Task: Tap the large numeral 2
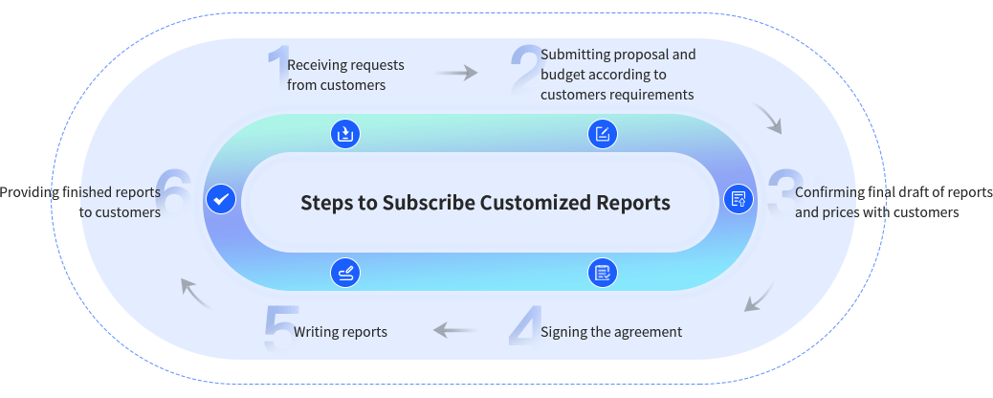[524, 71]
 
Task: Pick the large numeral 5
[278, 328]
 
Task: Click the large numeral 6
[175, 195]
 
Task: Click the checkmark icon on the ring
[221, 199]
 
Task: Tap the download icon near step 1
[345, 134]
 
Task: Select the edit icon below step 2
[602, 134]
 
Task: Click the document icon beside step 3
[738, 199]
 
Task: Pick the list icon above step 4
[602, 273]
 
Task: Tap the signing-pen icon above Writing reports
[345, 273]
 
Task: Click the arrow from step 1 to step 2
[456, 73]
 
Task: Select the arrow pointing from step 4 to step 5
[454, 331]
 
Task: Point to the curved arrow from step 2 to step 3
[769, 119]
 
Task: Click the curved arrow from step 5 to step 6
[196, 292]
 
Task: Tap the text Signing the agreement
[610, 332]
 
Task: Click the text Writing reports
[340, 332]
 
